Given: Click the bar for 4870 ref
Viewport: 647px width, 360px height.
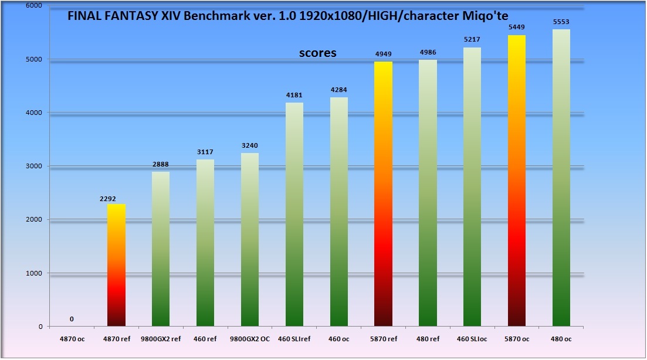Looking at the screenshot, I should (x=116, y=265).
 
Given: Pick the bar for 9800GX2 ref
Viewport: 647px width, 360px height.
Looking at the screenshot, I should (x=161, y=249).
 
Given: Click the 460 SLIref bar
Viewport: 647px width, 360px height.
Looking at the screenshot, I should (x=294, y=214).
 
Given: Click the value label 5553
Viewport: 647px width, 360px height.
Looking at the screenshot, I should (x=561, y=22).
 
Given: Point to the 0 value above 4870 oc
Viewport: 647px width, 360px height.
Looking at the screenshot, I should (x=72, y=320).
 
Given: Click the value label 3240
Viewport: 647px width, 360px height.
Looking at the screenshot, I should (x=250, y=146).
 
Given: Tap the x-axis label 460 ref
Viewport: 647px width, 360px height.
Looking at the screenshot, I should (x=205, y=338).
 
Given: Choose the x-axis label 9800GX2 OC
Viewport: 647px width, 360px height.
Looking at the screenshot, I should (x=250, y=338).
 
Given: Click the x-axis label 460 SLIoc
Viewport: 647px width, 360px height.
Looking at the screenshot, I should (x=472, y=338).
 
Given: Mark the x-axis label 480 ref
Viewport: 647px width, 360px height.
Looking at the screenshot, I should (x=428, y=338).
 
